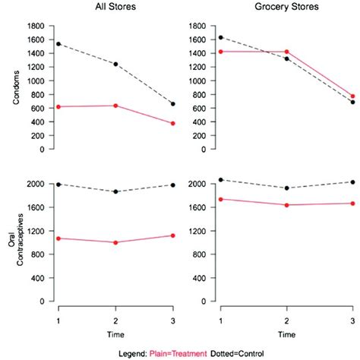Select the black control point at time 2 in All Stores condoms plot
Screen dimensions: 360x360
(115, 64)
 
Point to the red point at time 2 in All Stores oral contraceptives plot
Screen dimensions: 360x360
(115, 242)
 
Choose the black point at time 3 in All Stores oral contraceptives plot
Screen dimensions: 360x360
(173, 185)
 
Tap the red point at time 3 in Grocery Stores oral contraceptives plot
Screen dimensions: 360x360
(352, 203)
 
